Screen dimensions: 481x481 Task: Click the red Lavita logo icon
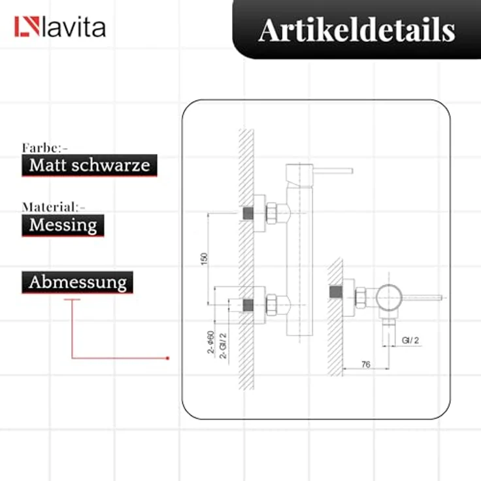tap(27, 26)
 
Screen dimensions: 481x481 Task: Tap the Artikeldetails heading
tap(356, 30)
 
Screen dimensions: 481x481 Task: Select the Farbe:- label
tap(45, 148)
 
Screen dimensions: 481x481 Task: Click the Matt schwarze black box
tap(90, 165)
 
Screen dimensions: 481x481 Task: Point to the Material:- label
tap(54, 207)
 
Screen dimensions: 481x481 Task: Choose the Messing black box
tap(63, 225)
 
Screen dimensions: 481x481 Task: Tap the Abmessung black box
tap(77, 282)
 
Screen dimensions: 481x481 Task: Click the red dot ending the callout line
tap(167, 358)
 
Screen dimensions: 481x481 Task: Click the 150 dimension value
tap(204, 259)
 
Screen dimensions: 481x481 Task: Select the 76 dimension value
tap(366, 364)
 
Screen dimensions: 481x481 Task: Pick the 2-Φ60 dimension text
tap(210, 342)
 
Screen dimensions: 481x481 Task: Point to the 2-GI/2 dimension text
tap(224, 346)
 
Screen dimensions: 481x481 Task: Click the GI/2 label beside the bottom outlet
tap(410, 340)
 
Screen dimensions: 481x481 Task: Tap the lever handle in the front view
tap(333, 171)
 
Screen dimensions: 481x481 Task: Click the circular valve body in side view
tap(389, 297)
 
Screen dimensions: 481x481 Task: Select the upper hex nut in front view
tap(271, 213)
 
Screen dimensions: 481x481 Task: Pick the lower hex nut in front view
tap(271, 305)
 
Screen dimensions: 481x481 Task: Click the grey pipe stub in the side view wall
tap(336, 291)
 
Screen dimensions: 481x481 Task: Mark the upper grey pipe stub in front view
tap(248, 213)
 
